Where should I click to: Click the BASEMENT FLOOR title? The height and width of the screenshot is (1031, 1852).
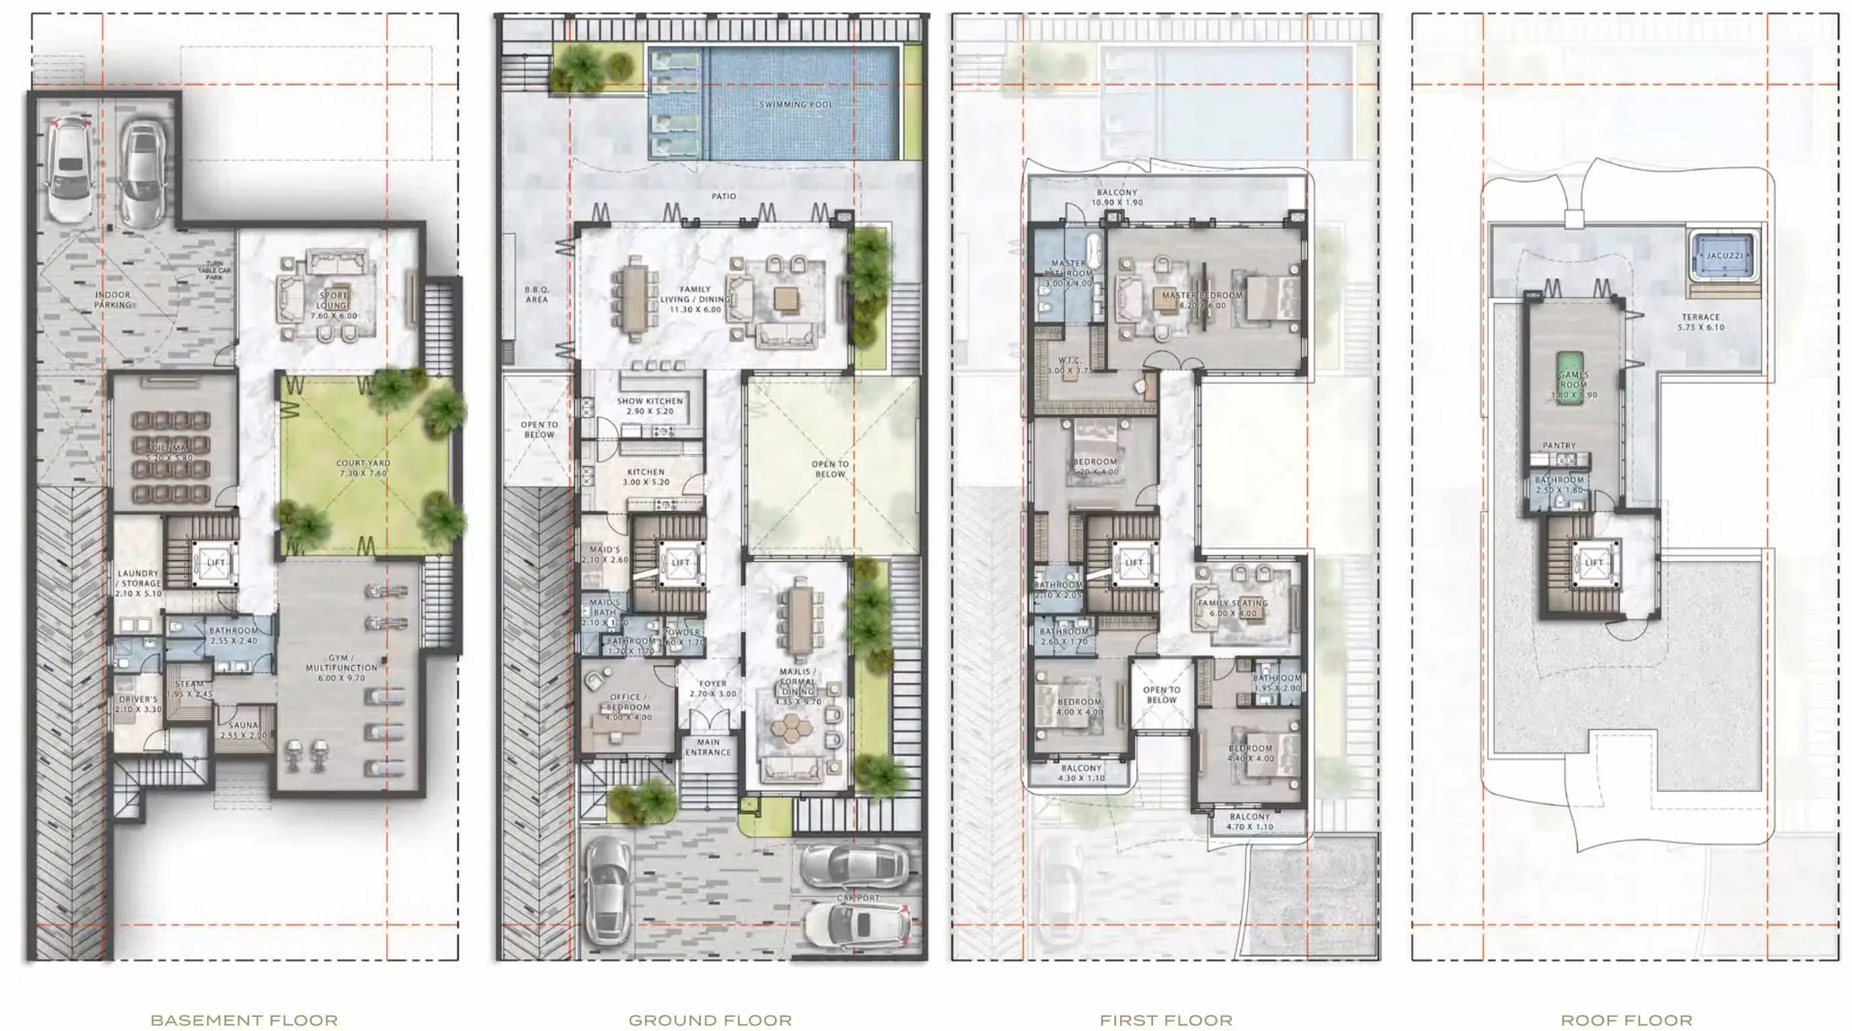(x=244, y=1020)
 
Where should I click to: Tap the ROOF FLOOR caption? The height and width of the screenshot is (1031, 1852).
(x=1626, y=1020)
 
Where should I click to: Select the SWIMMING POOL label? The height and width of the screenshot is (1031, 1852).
(x=796, y=104)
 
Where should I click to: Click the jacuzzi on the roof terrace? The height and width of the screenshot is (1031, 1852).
(x=1724, y=256)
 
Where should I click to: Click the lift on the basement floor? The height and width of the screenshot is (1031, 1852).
(x=215, y=562)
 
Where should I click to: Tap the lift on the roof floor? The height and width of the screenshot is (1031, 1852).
(x=1593, y=562)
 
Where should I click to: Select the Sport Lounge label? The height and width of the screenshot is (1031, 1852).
(x=334, y=300)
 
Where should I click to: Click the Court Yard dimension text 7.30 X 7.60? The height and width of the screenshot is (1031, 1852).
(x=363, y=473)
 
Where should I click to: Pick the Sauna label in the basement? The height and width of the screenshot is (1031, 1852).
(x=243, y=726)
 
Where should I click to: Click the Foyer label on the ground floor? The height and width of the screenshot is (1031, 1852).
(x=712, y=684)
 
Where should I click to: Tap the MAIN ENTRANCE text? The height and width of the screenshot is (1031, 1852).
(x=708, y=747)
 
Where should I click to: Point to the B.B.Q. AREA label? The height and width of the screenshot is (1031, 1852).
(x=536, y=294)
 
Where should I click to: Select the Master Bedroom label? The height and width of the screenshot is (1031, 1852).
(x=1202, y=295)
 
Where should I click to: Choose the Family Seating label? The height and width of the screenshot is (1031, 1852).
(x=1232, y=603)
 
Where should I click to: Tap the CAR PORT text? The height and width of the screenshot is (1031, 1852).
(x=858, y=898)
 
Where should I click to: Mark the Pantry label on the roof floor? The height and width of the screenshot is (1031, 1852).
(x=1559, y=446)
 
